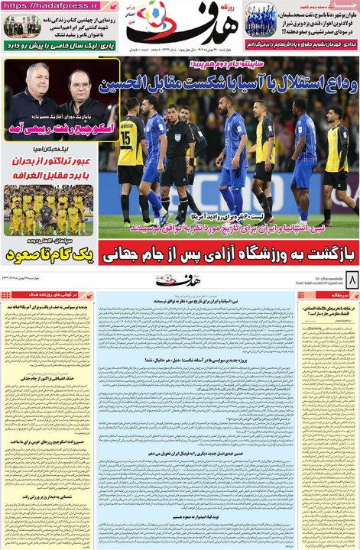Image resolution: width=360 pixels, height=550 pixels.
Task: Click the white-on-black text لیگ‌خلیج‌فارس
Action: pos(49,152)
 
